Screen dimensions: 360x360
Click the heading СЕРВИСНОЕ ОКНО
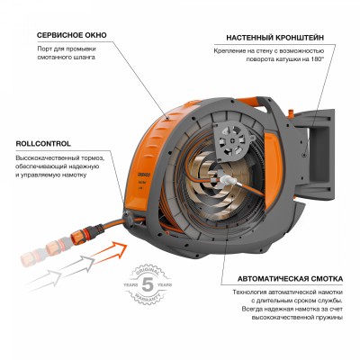point(72,35)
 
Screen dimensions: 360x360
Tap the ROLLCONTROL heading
point(41,142)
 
